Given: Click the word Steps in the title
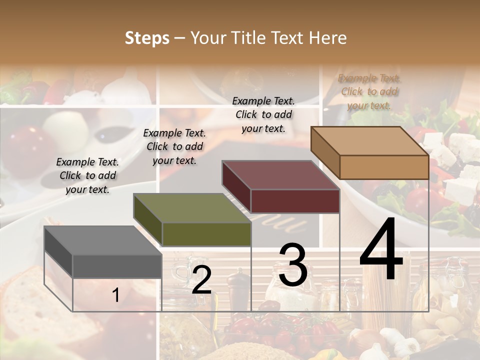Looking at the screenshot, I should (x=147, y=38).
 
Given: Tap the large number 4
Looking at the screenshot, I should (x=381, y=250).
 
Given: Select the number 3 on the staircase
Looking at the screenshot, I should (x=292, y=265).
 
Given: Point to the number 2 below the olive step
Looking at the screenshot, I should (x=201, y=280).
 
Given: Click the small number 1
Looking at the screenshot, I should (x=115, y=295).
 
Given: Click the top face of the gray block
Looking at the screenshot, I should (x=103, y=240).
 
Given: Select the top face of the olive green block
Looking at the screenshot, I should (x=192, y=208).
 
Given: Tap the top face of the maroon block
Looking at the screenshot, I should (x=280, y=175).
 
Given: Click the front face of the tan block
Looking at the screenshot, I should (x=384, y=167).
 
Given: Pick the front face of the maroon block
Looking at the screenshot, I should (x=295, y=201).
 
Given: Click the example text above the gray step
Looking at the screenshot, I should (x=87, y=175).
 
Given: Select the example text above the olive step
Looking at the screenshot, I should (x=174, y=146).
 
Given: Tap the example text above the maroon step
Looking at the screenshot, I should (x=263, y=114).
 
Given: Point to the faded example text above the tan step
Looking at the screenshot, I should (x=369, y=91).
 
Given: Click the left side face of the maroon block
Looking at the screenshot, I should (x=236, y=186).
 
